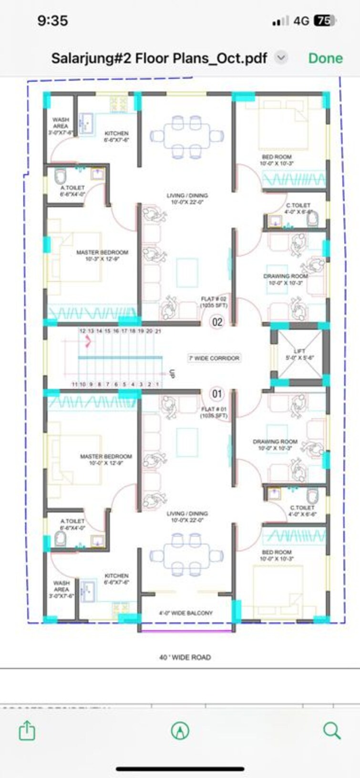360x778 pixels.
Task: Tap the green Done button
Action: pos(325,58)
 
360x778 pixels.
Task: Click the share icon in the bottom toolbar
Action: pos(27,730)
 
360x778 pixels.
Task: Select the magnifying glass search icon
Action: pos(331,730)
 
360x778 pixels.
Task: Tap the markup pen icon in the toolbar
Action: pos(180,730)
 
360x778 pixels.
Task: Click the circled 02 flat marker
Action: pos(217,322)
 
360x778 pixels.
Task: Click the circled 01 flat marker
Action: pos(217,394)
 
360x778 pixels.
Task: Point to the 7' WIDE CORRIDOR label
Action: pos(214,358)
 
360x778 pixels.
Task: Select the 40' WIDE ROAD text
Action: pos(185,657)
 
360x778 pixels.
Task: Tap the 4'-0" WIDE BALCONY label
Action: pos(185,613)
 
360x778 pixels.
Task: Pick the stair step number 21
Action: pos(158,331)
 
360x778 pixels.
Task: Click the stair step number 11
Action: pos(74,384)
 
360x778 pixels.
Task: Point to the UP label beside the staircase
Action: pos(173,374)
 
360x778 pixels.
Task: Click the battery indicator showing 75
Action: pos(325,21)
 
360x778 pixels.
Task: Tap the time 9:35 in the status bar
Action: pos(52,21)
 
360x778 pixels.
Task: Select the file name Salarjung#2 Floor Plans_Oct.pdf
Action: pos(159,58)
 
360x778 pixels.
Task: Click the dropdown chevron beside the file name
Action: pos(281,58)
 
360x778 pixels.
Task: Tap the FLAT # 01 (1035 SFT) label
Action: pos(214,412)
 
